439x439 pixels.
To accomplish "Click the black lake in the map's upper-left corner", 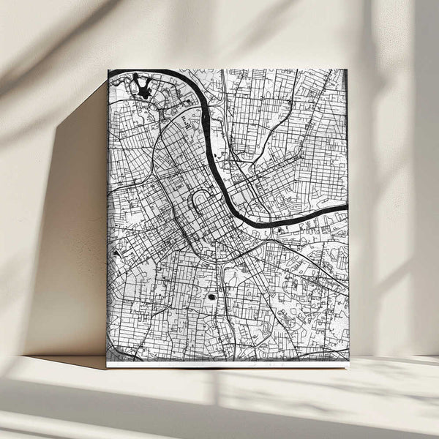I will (x=141, y=88).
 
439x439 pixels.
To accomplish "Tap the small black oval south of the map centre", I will (x=212, y=297).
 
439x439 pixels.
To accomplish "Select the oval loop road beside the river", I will (x=199, y=200).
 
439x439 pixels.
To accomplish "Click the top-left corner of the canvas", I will (x=108, y=70).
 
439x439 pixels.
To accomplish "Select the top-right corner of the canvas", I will (x=347, y=70).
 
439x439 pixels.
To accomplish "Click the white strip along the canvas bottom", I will (x=227, y=364).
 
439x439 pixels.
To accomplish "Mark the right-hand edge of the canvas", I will (x=348, y=219).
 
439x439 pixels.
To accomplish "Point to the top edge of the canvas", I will (x=227, y=70).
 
